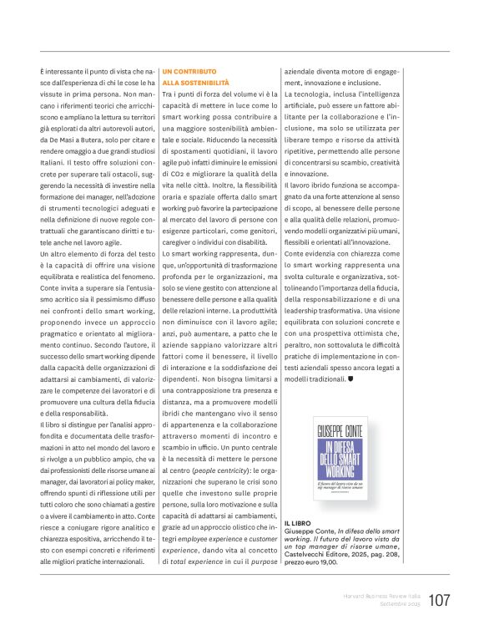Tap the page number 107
[440, 600]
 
